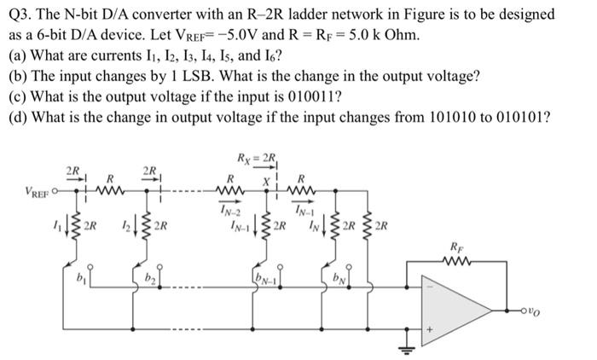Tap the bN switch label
(339, 277)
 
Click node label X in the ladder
(266, 183)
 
